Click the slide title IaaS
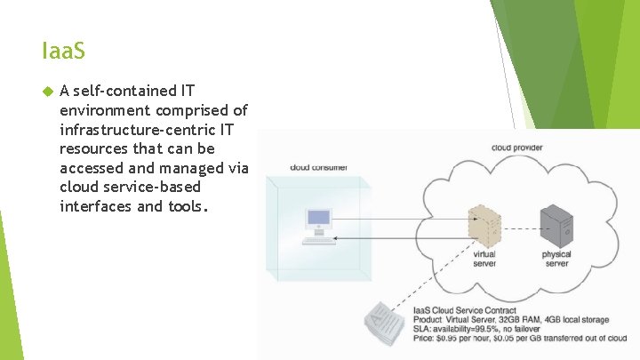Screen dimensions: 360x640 click(63, 52)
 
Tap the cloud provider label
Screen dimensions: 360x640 click(516, 148)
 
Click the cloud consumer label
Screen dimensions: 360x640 click(318, 167)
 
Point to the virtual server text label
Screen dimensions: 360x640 click(484, 259)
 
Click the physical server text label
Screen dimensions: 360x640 click(556, 259)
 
